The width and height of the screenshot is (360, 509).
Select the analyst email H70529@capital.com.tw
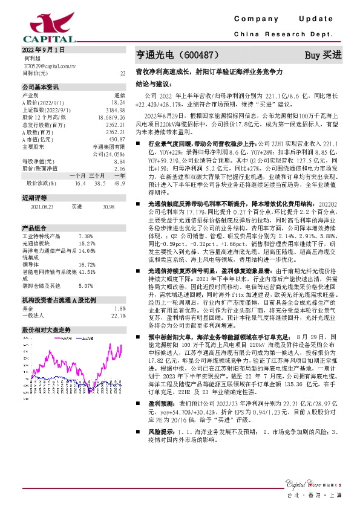click(49, 65)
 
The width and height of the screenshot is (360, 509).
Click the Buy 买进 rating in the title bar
click(322, 54)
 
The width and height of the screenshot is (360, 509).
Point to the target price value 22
click(123, 73)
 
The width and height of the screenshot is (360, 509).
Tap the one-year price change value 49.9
click(119, 182)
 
